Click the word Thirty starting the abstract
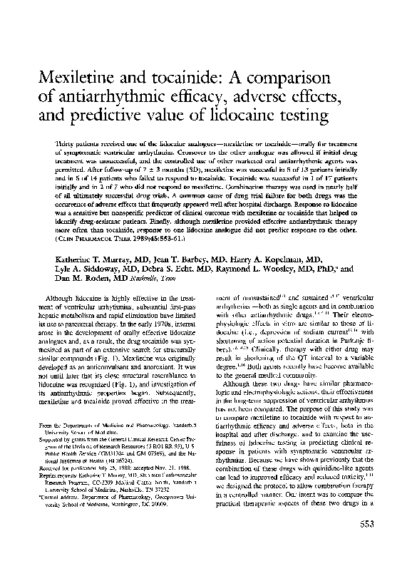tap(66, 144)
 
